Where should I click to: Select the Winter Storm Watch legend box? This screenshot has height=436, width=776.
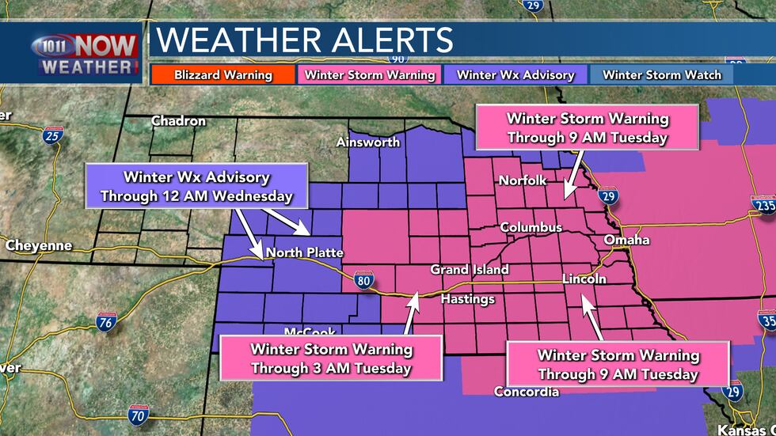(x=662, y=75)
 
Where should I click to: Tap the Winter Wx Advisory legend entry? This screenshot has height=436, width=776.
(x=515, y=75)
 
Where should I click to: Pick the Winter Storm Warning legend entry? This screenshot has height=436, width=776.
(x=370, y=75)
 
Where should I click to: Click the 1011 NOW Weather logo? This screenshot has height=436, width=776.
(x=86, y=54)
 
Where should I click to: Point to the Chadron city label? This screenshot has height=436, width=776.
(x=179, y=121)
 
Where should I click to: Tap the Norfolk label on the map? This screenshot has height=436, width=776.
(x=523, y=180)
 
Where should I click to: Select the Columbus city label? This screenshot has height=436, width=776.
(x=531, y=228)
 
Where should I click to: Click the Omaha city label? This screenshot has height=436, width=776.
(x=626, y=240)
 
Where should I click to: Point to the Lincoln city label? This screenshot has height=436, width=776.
(x=584, y=279)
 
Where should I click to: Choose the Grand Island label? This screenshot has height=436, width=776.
(x=470, y=270)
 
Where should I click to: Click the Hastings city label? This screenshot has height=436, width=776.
(x=467, y=299)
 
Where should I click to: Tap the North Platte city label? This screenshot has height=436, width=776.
(x=304, y=253)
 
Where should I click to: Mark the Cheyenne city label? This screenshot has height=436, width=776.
(x=39, y=245)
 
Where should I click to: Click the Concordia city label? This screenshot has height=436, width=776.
(x=527, y=392)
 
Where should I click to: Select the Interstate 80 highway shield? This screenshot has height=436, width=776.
(x=364, y=279)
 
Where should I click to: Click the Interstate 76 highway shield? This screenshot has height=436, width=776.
(x=106, y=320)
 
